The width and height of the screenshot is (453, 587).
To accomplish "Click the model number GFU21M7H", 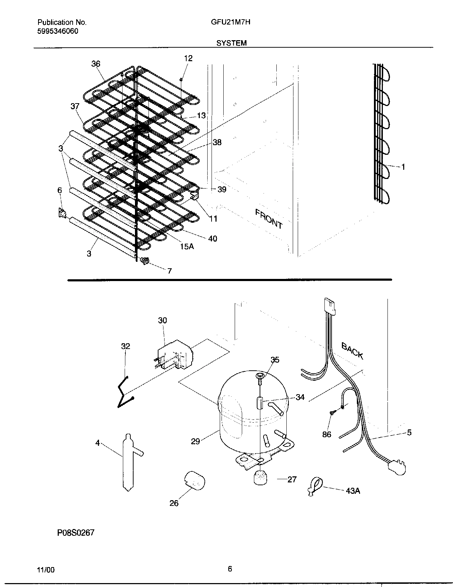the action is [x=230, y=22].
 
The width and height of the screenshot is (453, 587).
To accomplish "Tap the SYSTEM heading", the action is [x=231, y=43].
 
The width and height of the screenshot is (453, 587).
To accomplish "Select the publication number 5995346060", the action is [x=58, y=31].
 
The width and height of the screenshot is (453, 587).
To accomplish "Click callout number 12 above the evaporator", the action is [x=188, y=58].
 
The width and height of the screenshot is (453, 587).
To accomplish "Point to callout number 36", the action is [x=96, y=64].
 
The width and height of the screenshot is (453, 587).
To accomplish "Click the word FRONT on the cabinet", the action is [x=269, y=219].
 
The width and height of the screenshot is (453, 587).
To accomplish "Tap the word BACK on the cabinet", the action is [x=352, y=351].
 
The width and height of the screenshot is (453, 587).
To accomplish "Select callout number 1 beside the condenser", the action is [x=403, y=167].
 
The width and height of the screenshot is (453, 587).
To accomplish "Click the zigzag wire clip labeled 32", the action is [x=125, y=392].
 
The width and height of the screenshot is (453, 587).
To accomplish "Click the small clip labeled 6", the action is [x=62, y=213].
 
